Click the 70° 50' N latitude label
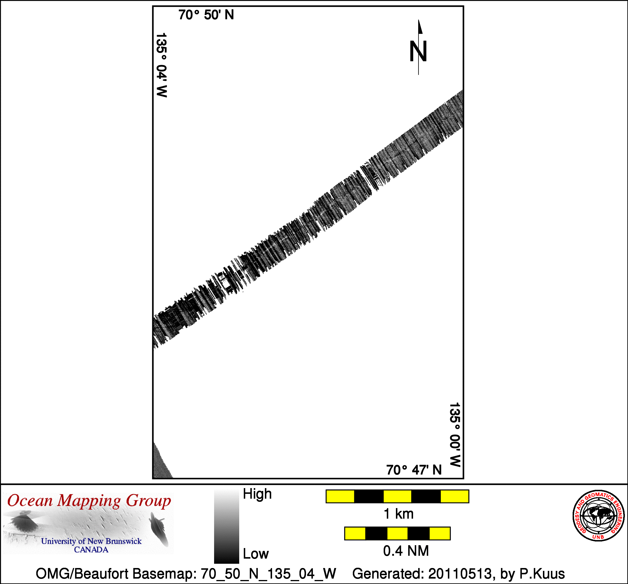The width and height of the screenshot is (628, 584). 206,15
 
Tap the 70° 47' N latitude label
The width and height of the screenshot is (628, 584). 414,470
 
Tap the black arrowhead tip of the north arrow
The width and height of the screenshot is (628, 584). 418,20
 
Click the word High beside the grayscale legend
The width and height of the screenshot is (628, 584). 257,494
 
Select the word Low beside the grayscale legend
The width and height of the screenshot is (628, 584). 255,554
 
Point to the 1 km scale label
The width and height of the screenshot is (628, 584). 398,514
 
